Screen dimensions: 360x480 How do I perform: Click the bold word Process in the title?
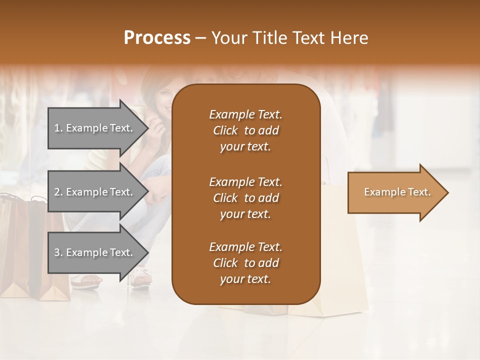[x=157, y=38]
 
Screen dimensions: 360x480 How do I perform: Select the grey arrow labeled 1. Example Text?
[x=95, y=128]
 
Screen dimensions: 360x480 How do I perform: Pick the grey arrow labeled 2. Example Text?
[x=95, y=192]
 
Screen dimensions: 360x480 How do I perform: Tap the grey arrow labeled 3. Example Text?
[x=95, y=252]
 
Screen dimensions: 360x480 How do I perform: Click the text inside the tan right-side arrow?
[x=397, y=192]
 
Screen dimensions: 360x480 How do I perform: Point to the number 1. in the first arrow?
[x=58, y=128]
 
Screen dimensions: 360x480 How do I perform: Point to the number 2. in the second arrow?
[x=58, y=192]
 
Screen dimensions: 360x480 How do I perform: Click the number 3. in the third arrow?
[x=58, y=252]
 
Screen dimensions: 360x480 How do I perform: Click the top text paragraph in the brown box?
[x=245, y=130]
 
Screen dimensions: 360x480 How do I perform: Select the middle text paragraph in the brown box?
[x=245, y=198]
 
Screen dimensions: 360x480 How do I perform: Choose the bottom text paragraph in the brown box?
[x=245, y=263]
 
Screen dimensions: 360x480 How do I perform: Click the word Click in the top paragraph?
[x=225, y=130]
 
